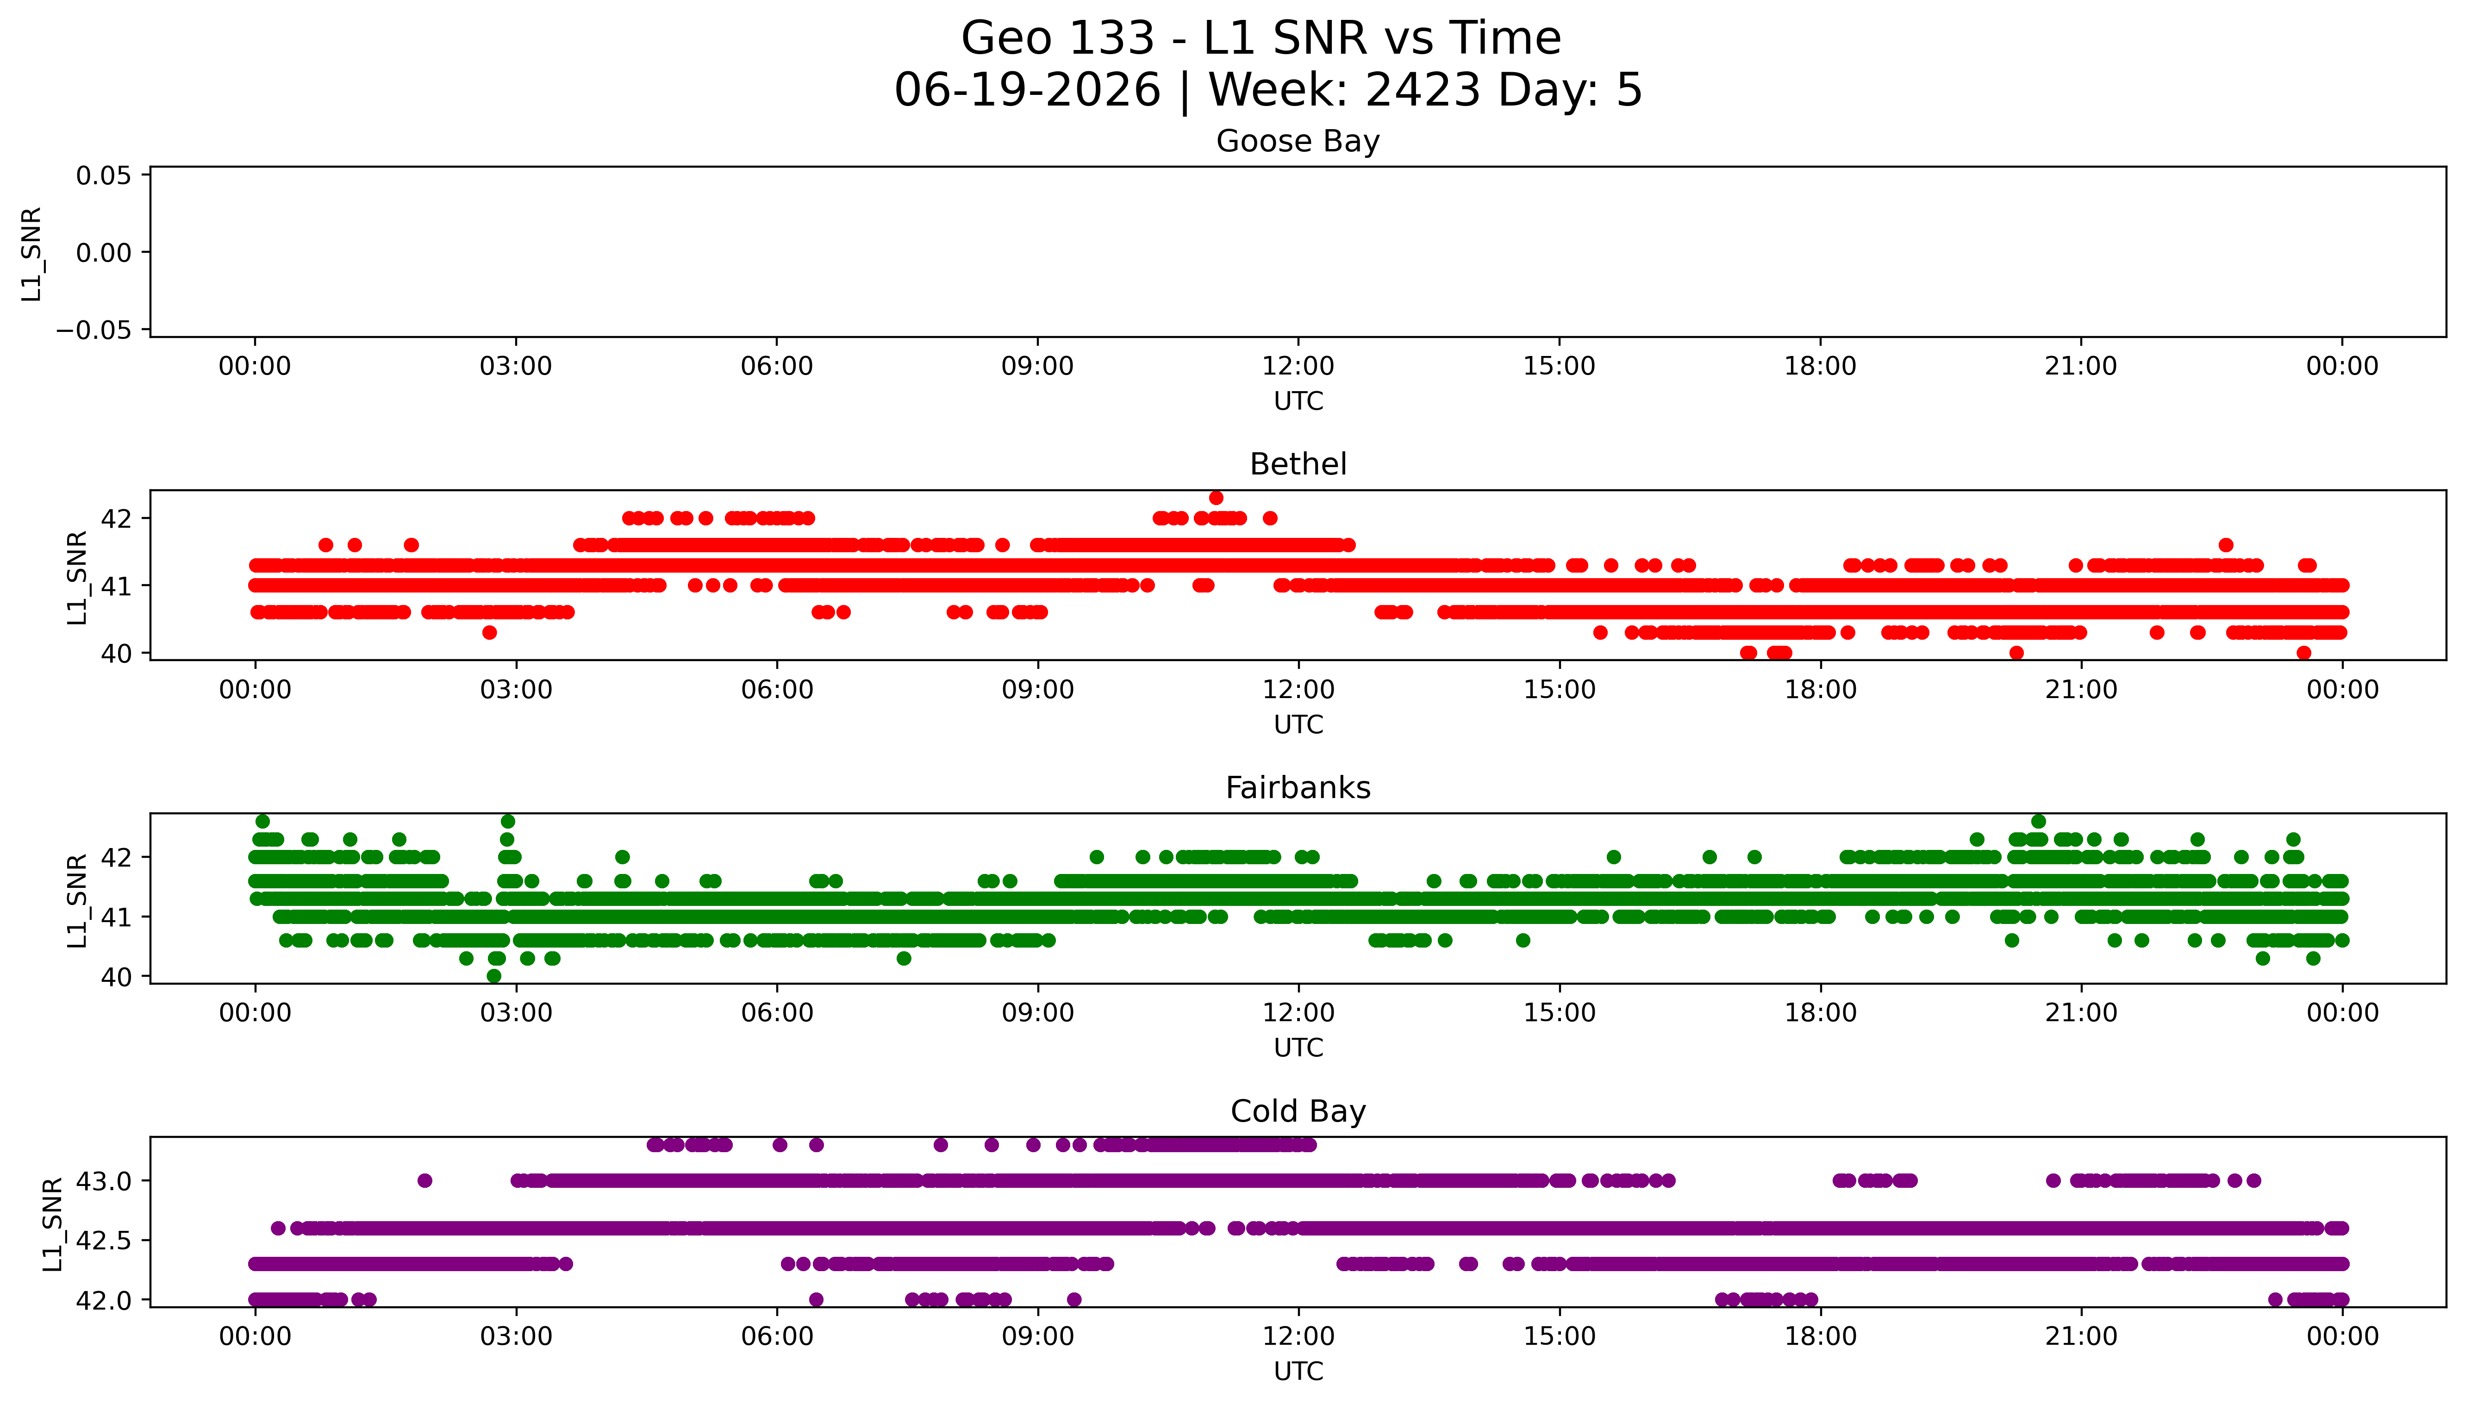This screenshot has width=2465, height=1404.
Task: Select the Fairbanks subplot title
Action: click(x=1298, y=788)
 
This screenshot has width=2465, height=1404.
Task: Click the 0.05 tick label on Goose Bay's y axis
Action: click(x=104, y=175)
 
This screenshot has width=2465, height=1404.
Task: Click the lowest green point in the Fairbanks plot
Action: click(x=493, y=976)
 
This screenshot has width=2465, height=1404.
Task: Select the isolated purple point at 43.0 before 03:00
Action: click(x=425, y=1180)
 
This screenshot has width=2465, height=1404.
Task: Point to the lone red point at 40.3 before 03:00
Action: click(x=490, y=633)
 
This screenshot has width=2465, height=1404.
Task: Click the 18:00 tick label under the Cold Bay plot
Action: click(x=1820, y=1336)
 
